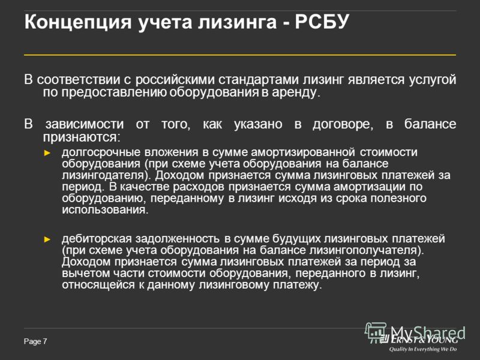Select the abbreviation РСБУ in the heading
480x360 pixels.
pos(322,22)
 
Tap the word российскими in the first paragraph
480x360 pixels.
pos(175,80)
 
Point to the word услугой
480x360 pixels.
pos(433,80)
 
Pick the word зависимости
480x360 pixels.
pos(85,124)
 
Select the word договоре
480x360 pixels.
pos(343,125)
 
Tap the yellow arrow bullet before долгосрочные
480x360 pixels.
pos(47,153)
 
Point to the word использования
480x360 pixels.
pos(105,210)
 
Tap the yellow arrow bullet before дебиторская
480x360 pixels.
pos(47,239)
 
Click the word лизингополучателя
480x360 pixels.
pos(367,250)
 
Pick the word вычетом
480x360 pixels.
pos(85,273)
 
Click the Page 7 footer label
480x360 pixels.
pos(35,341)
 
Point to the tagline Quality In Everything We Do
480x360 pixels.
pos(423,349)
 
